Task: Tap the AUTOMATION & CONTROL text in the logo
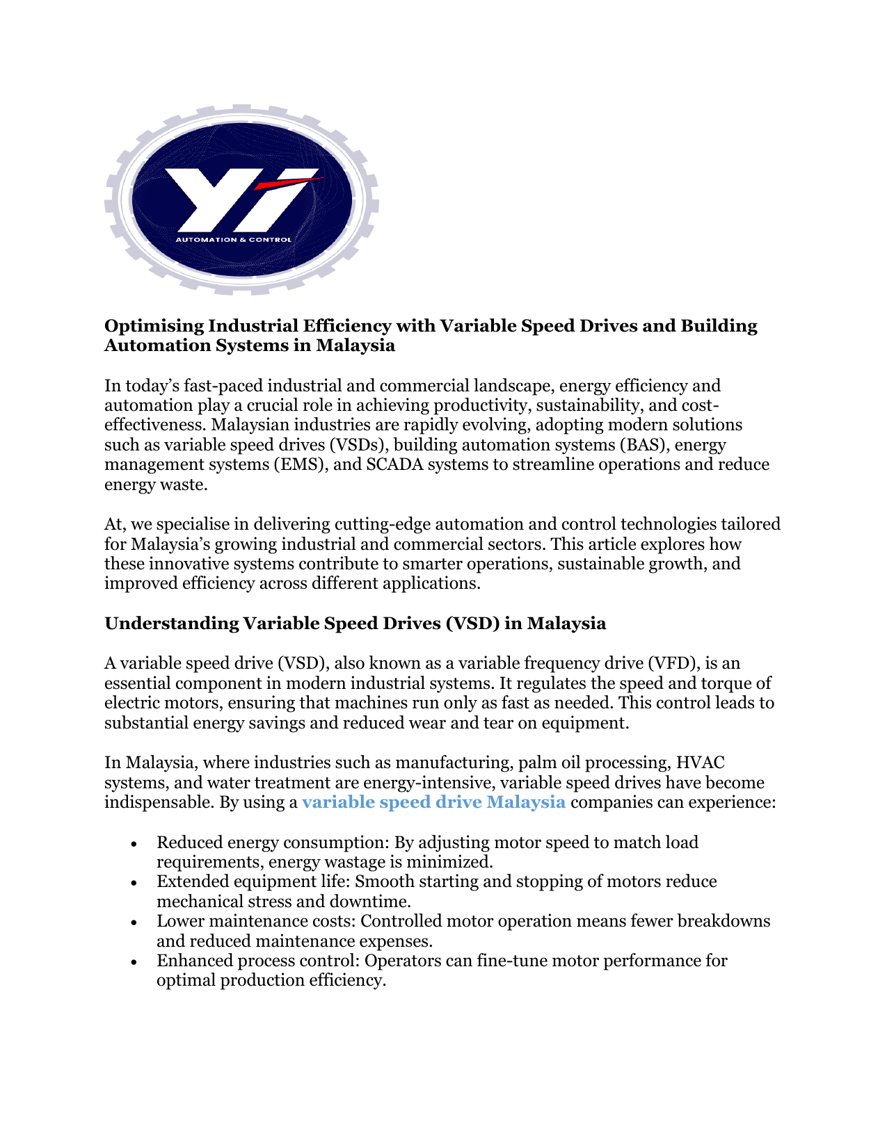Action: coord(233,240)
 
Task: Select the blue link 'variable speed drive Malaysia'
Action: coord(433,802)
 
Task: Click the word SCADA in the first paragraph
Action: coord(394,464)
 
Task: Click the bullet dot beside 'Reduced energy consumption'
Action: coord(134,844)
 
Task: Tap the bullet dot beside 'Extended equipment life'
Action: coord(134,883)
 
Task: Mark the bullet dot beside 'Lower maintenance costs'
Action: coord(134,922)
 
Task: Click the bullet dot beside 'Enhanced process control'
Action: coord(134,962)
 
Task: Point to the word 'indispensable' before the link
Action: coord(159,802)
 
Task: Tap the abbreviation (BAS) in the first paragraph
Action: coord(638,445)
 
